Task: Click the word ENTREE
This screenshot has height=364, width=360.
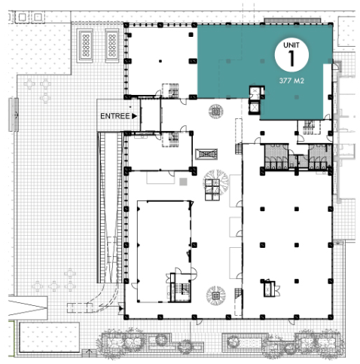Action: click(x=114, y=116)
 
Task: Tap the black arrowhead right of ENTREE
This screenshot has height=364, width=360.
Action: click(x=134, y=116)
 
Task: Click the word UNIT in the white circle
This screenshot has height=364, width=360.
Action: click(x=291, y=45)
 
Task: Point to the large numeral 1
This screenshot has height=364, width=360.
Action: click(x=291, y=58)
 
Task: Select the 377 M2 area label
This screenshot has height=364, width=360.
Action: click(x=291, y=81)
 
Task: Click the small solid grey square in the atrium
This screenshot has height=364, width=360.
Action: click(x=183, y=182)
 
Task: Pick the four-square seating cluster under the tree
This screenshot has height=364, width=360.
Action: click(x=212, y=190)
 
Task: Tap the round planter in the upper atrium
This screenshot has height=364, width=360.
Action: click(x=215, y=111)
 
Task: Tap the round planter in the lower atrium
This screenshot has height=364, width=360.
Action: click(x=215, y=295)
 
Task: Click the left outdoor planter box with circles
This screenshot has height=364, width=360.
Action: click(x=85, y=45)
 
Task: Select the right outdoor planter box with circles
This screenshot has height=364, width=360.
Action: click(x=112, y=45)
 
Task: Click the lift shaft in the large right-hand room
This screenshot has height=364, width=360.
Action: click(x=270, y=289)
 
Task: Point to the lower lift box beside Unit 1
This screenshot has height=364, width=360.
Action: click(x=255, y=108)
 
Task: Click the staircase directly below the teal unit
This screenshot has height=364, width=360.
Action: click(x=309, y=127)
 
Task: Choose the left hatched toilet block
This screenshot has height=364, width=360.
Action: click(x=276, y=156)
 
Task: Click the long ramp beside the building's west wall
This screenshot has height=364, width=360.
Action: click(x=110, y=207)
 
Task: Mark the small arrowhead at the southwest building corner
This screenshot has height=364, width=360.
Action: click(x=121, y=308)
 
